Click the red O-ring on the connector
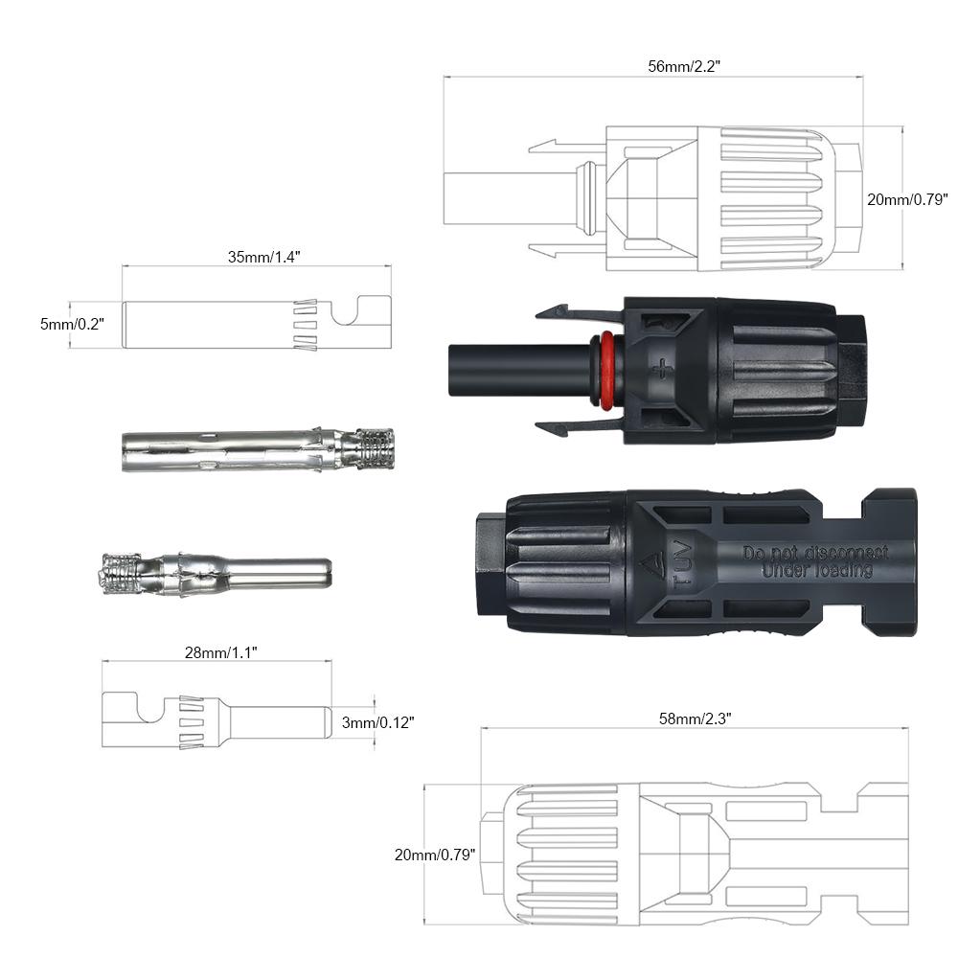pyautogui.click(x=605, y=371)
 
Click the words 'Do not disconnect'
pyautogui.click(x=815, y=553)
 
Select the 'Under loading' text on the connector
pyautogui.click(x=816, y=571)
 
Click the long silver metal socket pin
pyautogui.click(x=257, y=450)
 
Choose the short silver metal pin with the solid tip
pyautogui.click(x=217, y=573)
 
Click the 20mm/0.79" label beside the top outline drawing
pyautogui.click(x=906, y=199)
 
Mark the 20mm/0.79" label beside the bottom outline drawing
pyautogui.click(x=434, y=854)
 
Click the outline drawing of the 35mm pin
pyautogui.click(x=256, y=325)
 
